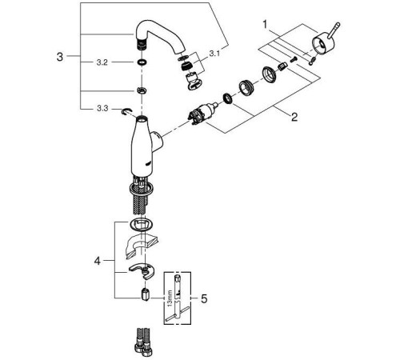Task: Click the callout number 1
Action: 265,25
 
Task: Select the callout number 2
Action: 294,117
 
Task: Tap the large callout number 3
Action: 60,57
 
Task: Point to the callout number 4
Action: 98,261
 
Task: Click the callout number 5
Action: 204,299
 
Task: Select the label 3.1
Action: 214,54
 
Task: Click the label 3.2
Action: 102,62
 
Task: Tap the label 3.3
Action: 102,109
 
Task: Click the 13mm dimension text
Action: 170,298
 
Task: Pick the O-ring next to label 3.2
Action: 142,62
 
